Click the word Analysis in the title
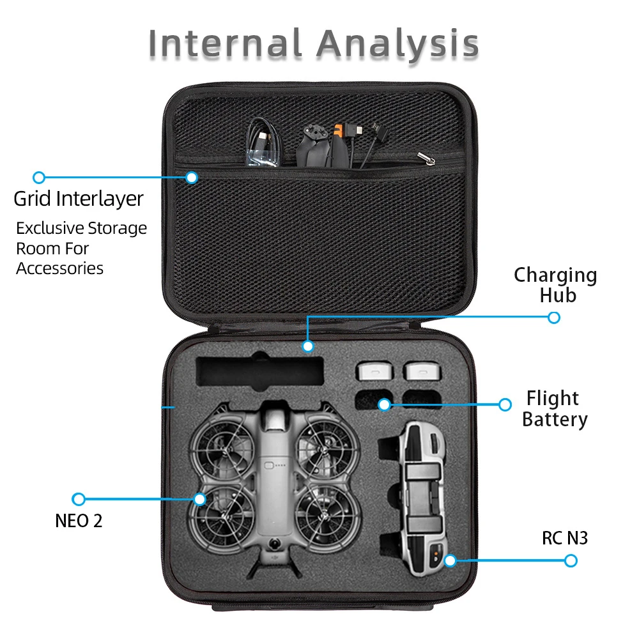[397, 43]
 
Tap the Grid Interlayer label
[79, 199]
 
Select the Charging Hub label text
[555, 285]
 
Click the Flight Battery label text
[554, 409]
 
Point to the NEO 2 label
[79, 521]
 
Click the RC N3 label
[564, 539]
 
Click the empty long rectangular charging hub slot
[259, 373]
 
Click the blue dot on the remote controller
[450, 560]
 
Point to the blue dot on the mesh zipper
[191, 177]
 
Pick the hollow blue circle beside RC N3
[571, 560]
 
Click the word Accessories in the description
[59, 268]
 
